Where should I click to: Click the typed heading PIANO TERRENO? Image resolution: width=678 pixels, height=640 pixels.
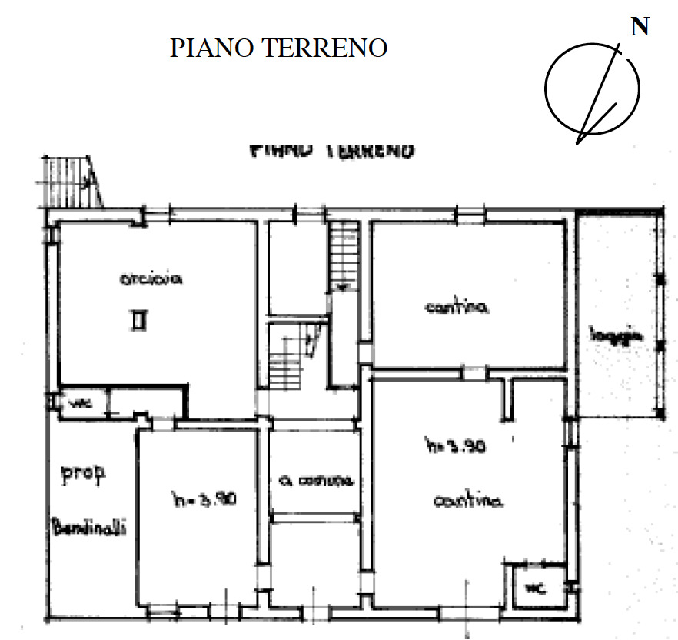(x=278, y=48)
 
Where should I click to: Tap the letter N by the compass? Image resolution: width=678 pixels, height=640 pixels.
(x=639, y=27)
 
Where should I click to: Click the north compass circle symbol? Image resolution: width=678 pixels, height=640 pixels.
(x=592, y=86)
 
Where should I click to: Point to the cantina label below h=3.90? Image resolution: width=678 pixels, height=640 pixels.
(x=467, y=501)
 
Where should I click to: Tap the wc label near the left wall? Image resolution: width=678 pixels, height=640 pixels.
(x=78, y=402)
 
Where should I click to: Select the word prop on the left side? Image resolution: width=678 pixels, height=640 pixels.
(x=84, y=474)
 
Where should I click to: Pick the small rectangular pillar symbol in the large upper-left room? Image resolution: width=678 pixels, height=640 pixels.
(x=138, y=319)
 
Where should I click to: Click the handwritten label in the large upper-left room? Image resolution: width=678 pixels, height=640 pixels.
(x=150, y=281)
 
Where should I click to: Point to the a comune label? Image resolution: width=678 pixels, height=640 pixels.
(x=316, y=482)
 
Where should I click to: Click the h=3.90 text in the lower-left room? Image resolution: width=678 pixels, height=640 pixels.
(x=203, y=498)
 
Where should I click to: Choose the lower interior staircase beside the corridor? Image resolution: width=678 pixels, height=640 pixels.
(x=291, y=355)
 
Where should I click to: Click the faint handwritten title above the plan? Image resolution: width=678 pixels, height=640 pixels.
(x=332, y=150)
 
